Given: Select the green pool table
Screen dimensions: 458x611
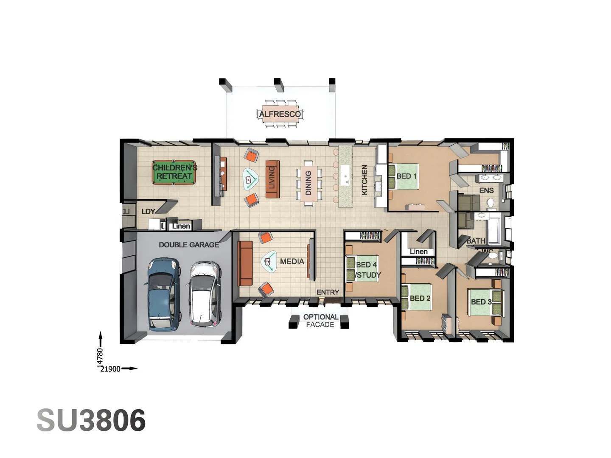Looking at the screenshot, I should (x=174, y=172).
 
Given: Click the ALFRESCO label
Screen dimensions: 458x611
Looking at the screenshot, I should (x=280, y=114).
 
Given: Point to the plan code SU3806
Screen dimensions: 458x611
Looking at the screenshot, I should (x=91, y=420).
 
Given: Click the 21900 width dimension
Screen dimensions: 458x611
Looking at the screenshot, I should (x=110, y=369).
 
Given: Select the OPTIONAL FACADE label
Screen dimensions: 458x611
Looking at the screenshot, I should (x=320, y=321).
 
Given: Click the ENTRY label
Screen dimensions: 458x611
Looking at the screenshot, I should (x=328, y=292).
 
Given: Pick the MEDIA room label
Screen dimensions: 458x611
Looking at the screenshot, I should (x=292, y=262).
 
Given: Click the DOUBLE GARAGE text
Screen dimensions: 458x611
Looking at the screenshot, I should (x=189, y=245).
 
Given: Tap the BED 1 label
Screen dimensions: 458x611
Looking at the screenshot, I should (x=406, y=176).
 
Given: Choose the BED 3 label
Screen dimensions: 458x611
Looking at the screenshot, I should (x=481, y=302).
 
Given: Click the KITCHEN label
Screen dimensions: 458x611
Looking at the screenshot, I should (x=364, y=180).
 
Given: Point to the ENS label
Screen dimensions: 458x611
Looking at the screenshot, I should (x=486, y=190).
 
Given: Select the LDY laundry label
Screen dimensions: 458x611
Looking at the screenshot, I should (x=148, y=211).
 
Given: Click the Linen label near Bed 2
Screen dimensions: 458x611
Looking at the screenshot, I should (x=418, y=251).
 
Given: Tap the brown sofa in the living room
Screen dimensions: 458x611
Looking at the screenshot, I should (x=272, y=179).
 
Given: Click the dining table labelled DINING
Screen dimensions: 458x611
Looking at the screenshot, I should (x=308, y=183).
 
